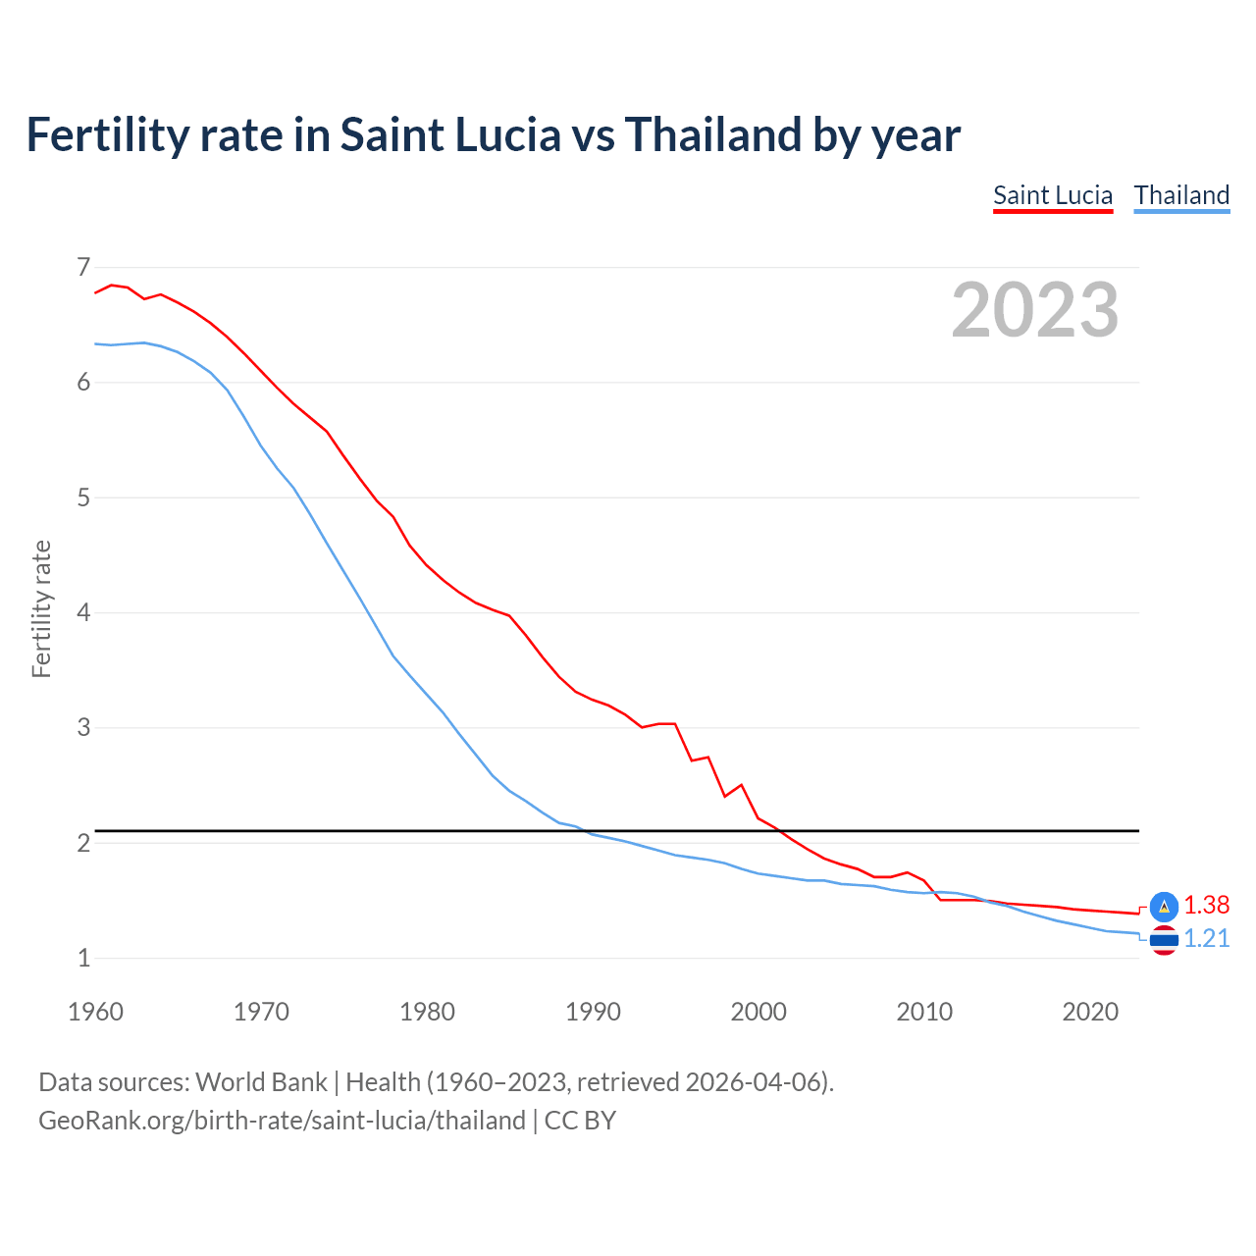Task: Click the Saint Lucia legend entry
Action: [1052, 195]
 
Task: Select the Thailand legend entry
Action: [1181, 195]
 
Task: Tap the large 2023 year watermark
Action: [1034, 310]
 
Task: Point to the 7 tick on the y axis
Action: [83, 267]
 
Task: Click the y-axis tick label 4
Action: [83, 612]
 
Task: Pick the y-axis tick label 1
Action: [83, 958]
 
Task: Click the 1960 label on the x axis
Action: [95, 1012]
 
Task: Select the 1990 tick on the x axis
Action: [593, 1012]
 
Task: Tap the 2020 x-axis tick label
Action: [1090, 1012]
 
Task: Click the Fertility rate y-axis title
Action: [41, 608]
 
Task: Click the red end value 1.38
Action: [1206, 905]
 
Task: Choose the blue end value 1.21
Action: [1206, 939]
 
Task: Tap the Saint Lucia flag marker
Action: [1164, 907]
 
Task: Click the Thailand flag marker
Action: [1164, 940]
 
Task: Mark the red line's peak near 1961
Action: [112, 285]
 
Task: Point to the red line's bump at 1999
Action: [741, 785]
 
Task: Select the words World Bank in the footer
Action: [261, 1082]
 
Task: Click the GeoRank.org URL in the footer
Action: [282, 1121]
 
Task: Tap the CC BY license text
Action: [580, 1121]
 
